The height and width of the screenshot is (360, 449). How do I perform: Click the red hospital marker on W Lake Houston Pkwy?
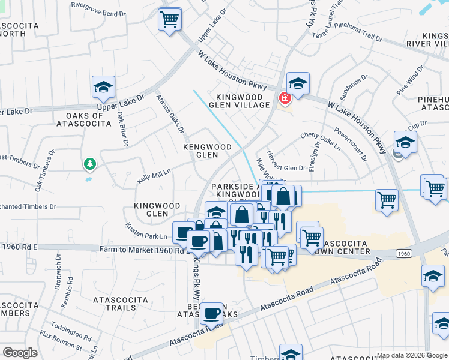coord(284,97)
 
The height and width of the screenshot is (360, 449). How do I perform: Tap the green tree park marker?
coord(90,163)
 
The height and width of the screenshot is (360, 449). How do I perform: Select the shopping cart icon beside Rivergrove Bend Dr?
coord(170,19)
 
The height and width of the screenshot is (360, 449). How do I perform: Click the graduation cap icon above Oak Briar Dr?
coord(104,88)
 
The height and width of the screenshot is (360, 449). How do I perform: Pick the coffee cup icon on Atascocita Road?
coord(212,314)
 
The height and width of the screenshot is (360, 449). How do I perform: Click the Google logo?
coord(20,352)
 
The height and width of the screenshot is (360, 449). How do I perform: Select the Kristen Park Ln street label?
coord(146,232)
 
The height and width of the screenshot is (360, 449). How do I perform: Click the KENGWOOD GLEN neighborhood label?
coord(207,151)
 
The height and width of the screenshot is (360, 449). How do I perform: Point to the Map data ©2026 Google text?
coord(411,355)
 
